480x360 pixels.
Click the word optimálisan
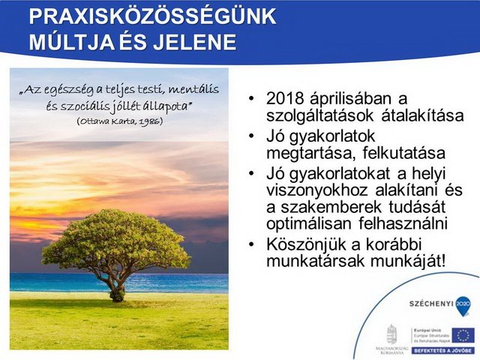[311, 224]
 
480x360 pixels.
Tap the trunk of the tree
[117, 289]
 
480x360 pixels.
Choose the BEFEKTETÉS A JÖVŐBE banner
[442, 349]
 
